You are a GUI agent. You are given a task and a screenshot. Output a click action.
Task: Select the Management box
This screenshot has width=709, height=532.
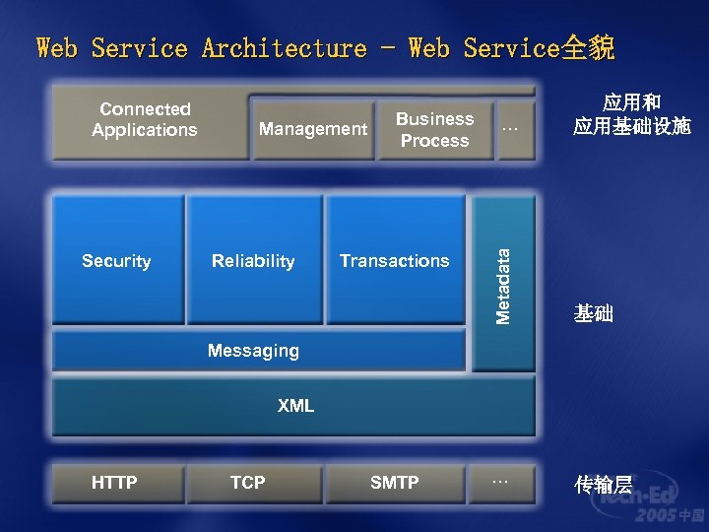pyautogui.click(x=312, y=129)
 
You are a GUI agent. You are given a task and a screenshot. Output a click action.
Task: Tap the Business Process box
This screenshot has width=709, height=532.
pyautogui.click(x=434, y=129)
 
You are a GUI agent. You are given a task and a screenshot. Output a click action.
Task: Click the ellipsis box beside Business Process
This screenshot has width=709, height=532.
pyautogui.click(x=509, y=128)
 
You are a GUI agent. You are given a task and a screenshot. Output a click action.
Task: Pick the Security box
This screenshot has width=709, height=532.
pyautogui.click(x=116, y=260)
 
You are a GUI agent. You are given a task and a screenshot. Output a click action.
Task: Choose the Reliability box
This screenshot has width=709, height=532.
pyautogui.click(x=253, y=260)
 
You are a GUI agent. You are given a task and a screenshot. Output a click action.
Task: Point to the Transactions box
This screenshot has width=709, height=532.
pyautogui.click(x=394, y=260)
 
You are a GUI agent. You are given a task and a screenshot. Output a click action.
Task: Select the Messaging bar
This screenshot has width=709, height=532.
pyautogui.click(x=253, y=350)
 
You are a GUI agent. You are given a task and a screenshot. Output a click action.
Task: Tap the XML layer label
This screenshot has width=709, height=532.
pyautogui.click(x=295, y=405)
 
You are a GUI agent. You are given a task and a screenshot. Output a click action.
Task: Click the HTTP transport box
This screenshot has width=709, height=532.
pyautogui.click(x=114, y=482)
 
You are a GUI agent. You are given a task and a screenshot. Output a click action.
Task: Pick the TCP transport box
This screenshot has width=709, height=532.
pyautogui.click(x=247, y=482)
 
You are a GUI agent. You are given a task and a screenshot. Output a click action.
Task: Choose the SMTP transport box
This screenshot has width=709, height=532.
pyautogui.click(x=394, y=482)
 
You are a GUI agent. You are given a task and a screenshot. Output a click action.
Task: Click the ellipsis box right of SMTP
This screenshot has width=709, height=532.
pyautogui.click(x=500, y=481)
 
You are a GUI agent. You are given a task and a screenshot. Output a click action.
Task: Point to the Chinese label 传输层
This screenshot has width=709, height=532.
pyautogui.click(x=604, y=484)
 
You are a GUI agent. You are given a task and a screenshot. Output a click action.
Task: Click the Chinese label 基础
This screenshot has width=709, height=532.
pyautogui.click(x=594, y=314)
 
